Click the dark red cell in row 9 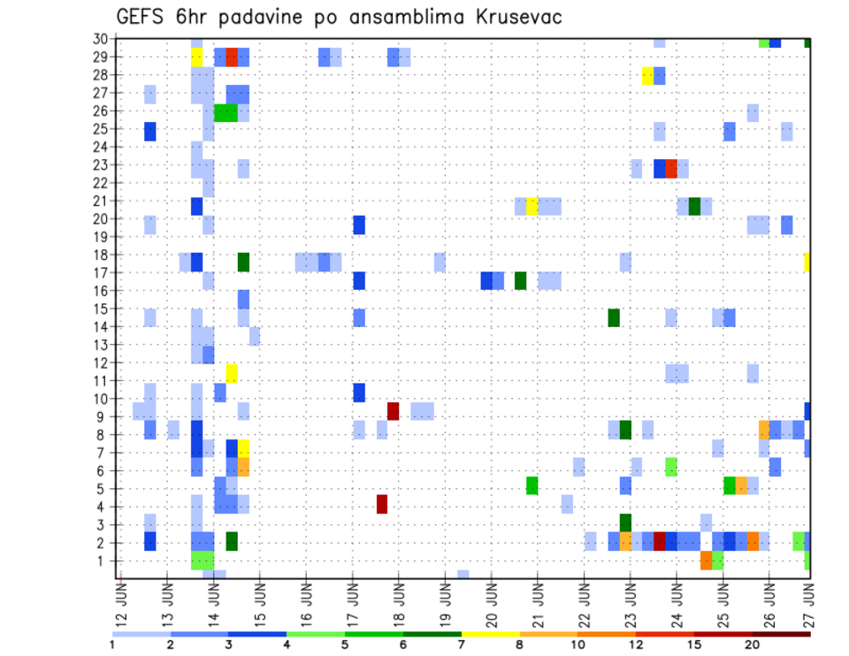point(393,411)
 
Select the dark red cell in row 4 point(382,504)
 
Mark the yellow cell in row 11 point(232,373)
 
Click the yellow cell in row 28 point(647,75)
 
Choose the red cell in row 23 point(670,168)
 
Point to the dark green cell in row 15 point(613,317)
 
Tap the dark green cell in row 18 point(243,262)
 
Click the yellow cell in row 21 point(532,206)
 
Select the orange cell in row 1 point(706,561)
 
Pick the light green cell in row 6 point(670,467)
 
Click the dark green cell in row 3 point(625,523)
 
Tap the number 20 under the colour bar point(751,644)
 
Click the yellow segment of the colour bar point(490,633)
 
